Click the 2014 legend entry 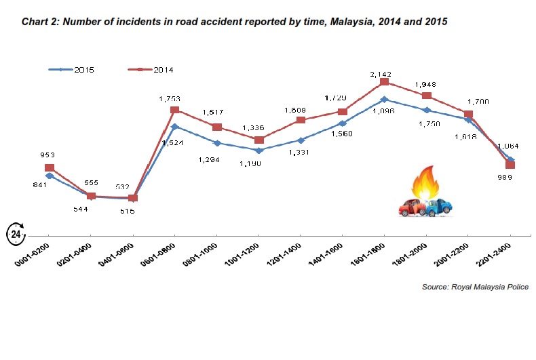click(x=153, y=70)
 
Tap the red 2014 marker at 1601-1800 click(x=384, y=82)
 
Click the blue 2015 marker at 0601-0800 click(x=174, y=126)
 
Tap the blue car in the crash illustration click(x=439, y=206)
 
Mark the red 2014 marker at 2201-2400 click(x=510, y=165)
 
